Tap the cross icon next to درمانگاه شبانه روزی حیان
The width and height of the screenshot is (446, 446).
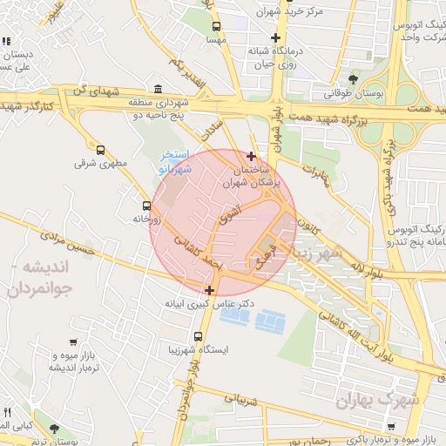pos(276,37)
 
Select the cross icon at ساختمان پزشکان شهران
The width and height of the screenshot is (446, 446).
pos(252,157)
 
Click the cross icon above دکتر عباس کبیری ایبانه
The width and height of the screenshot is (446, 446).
pos(209,290)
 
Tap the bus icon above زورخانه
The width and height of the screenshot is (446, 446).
pos(145,206)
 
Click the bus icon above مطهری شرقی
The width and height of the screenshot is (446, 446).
pos(100,150)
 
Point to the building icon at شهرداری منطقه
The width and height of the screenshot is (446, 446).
pos(158,89)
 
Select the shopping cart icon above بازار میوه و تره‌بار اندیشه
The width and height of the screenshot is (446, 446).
pos(72,342)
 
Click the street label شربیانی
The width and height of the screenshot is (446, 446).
pos(241,401)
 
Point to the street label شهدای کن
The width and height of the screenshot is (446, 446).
pos(93,91)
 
